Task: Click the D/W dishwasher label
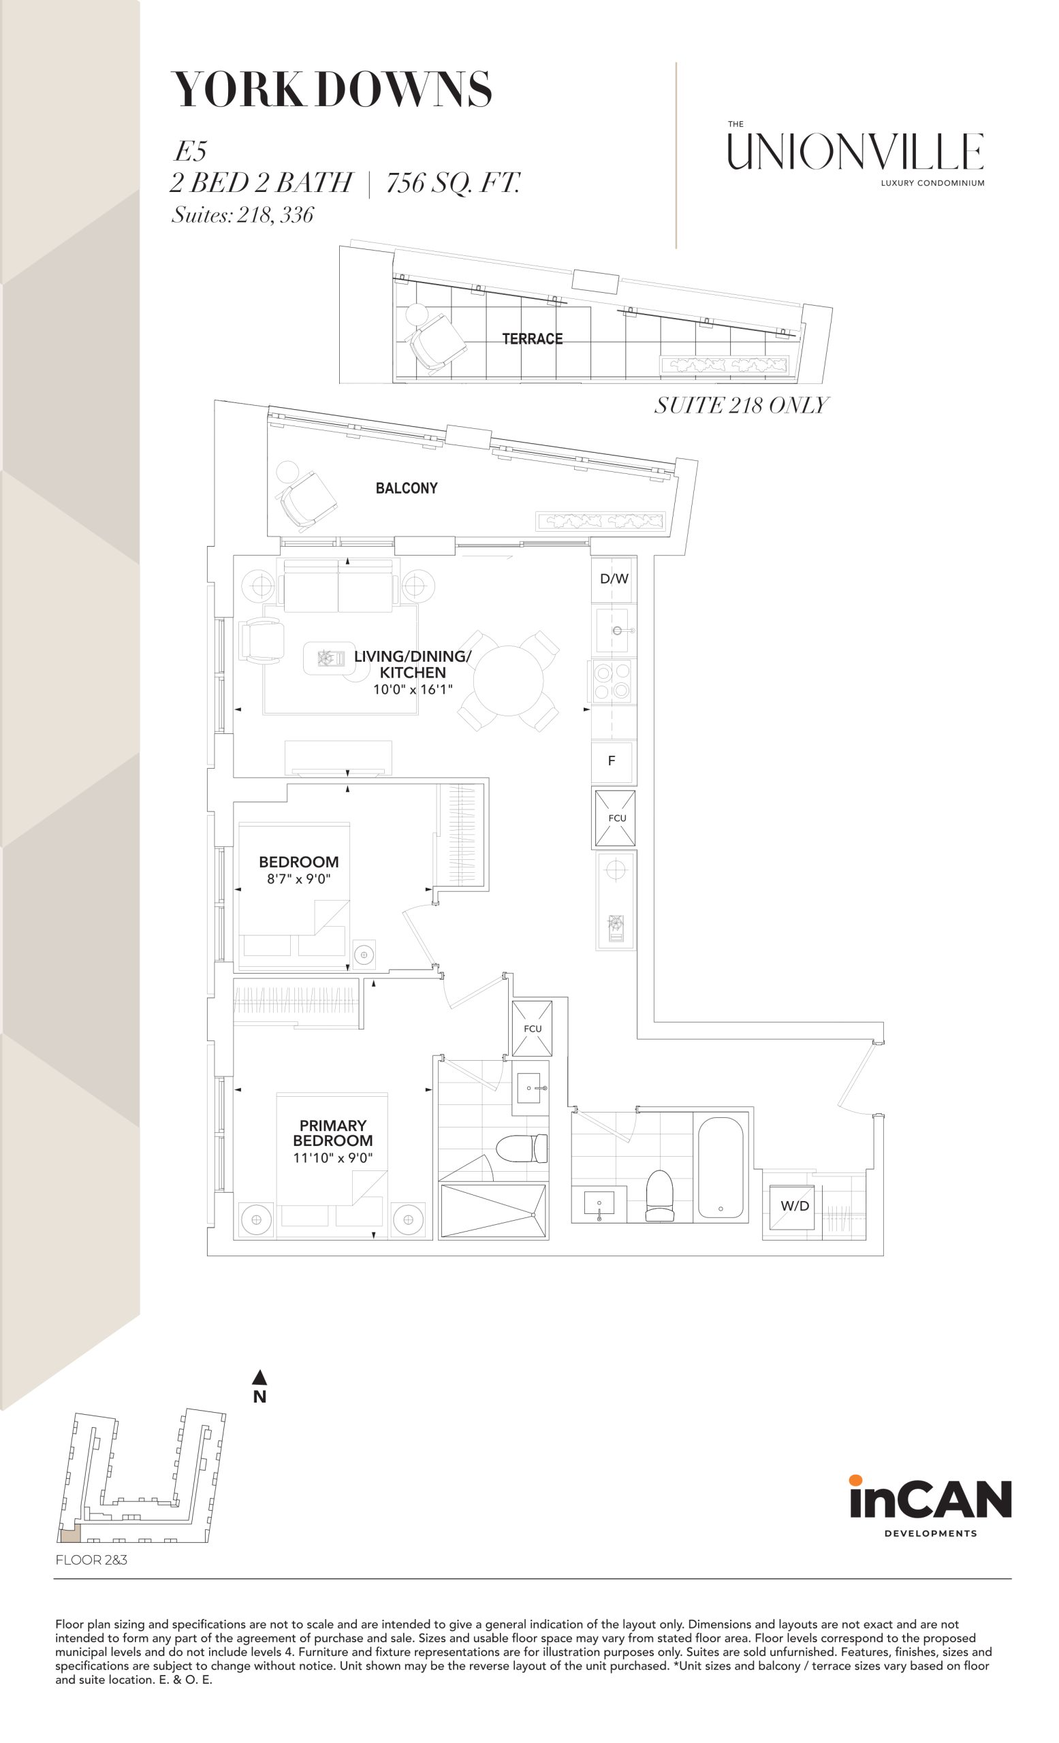(614, 579)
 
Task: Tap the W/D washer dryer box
(795, 1206)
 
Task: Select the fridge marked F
(613, 761)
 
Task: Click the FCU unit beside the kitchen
(615, 818)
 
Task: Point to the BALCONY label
(406, 488)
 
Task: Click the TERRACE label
(532, 339)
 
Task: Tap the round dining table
(508, 679)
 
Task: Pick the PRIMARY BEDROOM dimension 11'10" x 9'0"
(332, 1158)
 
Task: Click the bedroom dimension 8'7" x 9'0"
(298, 879)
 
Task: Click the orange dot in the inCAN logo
(855, 1480)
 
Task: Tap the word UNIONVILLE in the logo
(855, 151)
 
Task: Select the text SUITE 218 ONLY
(741, 405)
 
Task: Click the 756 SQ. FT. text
(453, 183)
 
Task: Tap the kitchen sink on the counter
(612, 630)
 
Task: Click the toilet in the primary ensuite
(522, 1148)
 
